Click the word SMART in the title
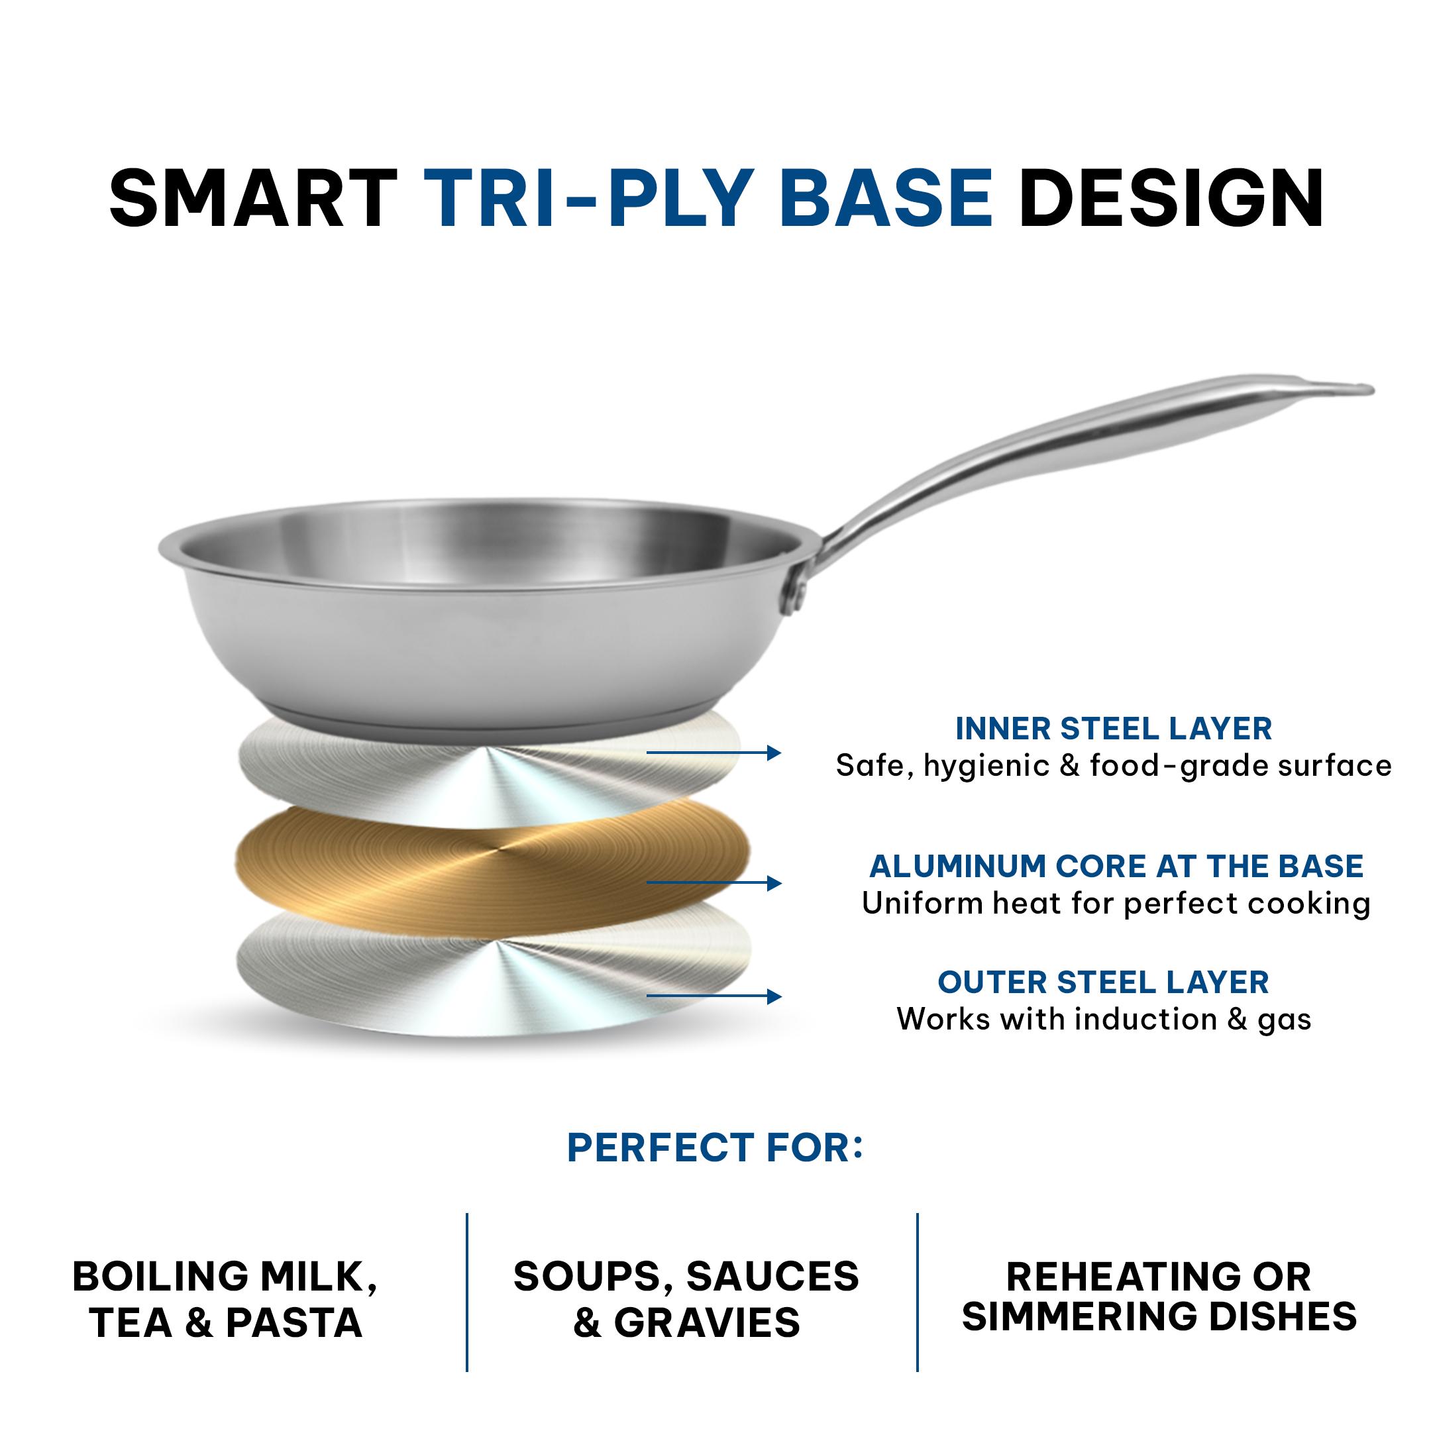click(x=252, y=198)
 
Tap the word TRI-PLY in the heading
click(x=589, y=198)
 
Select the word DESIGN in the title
click(x=1171, y=198)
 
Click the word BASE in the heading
click(x=886, y=198)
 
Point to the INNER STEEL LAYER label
click(x=1113, y=729)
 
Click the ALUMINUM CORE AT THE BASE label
click(x=1116, y=866)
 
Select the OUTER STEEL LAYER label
click(x=1104, y=982)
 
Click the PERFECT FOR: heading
click(x=715, y=1148)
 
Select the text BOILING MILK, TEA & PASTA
click(x=225, y=1300)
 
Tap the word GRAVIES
click(x=707, y=1324)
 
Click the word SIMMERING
click(x=1080, y=1317)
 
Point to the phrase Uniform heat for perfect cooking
click(x=1116, y=904)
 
